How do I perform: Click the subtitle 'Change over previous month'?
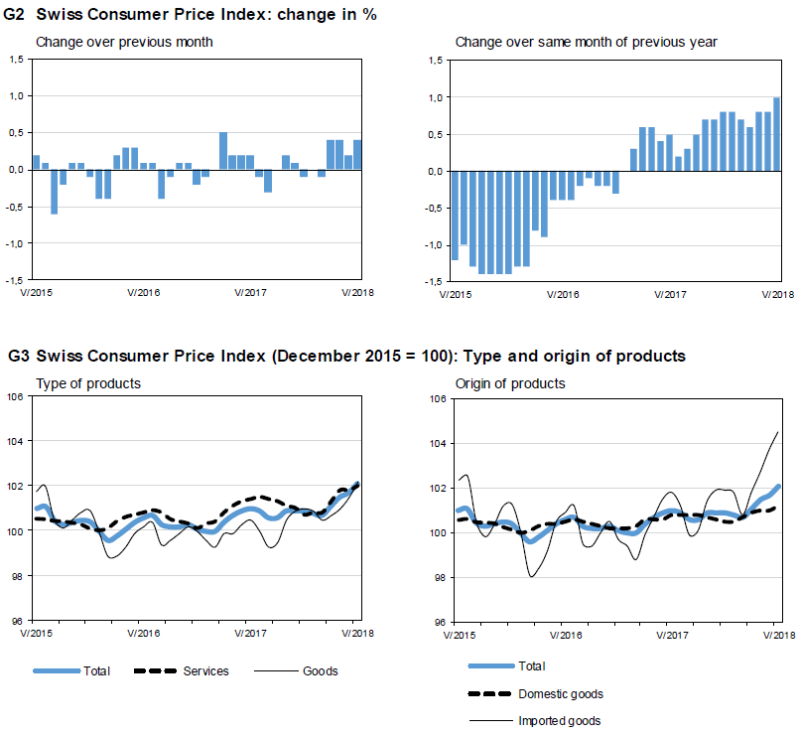pyautogui.click(x=124, y=42)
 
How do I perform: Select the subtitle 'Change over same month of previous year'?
pyautogui.click(x=586, y=42)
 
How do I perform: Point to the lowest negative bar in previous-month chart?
pyautogui.click(x=54, y=192)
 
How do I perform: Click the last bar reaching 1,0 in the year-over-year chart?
pyautogui.click(x=776, y=134)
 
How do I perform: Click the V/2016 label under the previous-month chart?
pyautogui.click(x=144, y=293)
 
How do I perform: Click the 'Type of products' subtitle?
pyautogui.click(x=88, y=383)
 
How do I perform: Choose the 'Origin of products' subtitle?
pyautogui.click(x=510, y=383)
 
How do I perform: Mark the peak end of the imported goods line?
pyautogui.click(x=777, y=431)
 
